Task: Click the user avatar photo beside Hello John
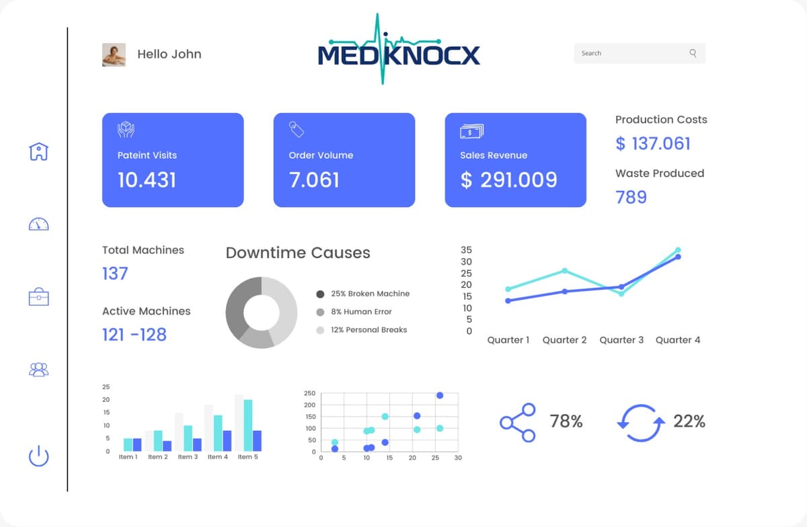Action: (x=114, y=54)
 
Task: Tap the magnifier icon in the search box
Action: (x=693, y=53)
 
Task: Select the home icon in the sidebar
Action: (x=39, y=151)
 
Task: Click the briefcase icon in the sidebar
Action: (x=39, y=296)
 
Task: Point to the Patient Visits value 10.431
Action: (x=147, y=180)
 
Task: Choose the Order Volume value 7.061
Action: (x=314, y=180)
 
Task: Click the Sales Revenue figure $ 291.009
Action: (x=508, y=180)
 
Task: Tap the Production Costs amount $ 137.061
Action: (x=653, y=143)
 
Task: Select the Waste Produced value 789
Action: (x=631, y=197)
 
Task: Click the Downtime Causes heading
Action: (x=298, y=253)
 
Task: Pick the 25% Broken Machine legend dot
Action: (x=320, y=294)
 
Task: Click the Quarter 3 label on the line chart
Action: (x=621, y=340)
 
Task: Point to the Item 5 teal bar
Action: (x=248, y=425)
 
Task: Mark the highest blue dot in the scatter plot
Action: (x=440, y=395)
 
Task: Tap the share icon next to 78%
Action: (x=517, y=422)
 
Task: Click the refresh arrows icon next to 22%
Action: (x=641, y=423)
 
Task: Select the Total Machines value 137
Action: (x=115, y=274)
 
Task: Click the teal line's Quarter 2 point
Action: (x=565, y=270)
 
